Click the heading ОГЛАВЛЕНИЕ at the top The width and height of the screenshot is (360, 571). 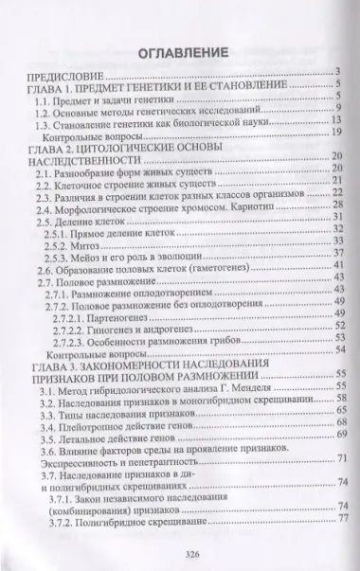[x=179, y=48]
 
